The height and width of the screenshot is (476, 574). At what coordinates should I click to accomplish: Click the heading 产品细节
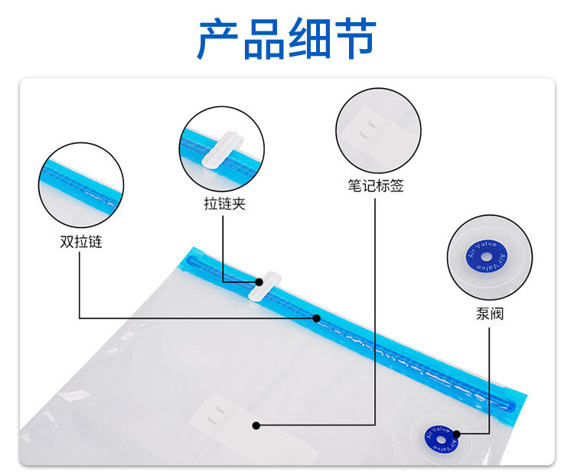click(286, 40)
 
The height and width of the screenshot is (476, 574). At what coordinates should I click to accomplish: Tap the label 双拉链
click(81, 242)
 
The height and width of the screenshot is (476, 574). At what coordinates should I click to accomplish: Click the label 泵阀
click(488, 314)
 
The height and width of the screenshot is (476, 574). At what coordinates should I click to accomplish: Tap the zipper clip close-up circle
click(222, 148)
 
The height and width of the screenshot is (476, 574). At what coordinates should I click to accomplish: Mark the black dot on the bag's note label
click(257, 425)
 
